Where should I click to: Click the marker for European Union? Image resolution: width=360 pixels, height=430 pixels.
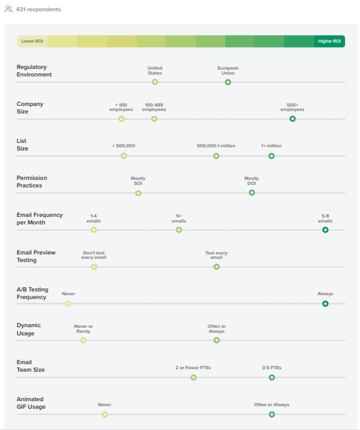[228, 82]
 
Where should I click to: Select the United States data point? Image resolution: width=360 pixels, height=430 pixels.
[155, 82]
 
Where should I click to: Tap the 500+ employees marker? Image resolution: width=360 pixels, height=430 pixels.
[292, 118]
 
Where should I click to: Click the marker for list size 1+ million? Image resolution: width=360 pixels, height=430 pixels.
[272, 155]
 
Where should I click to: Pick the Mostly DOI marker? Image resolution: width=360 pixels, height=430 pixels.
[251, 192]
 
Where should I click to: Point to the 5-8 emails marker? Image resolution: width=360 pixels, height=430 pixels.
[325, 229]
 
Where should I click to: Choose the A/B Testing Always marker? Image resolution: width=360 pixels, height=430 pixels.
[325, 303]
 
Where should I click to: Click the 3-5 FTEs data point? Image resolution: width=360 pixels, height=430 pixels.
[272, 377]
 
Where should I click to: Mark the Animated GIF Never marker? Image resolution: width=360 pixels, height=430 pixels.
[105, 414]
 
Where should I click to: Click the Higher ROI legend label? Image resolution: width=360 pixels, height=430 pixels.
[329, 41]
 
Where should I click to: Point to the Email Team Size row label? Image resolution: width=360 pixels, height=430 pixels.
[31, 366]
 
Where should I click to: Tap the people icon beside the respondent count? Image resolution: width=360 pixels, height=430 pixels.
[8, 9]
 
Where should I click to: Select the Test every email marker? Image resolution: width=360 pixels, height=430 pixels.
[216, 266]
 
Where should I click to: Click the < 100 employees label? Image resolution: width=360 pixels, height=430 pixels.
[121, 107]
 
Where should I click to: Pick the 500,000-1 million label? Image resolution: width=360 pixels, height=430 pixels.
[216, 145]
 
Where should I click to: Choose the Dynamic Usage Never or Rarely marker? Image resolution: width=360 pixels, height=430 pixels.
[83, 340]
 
